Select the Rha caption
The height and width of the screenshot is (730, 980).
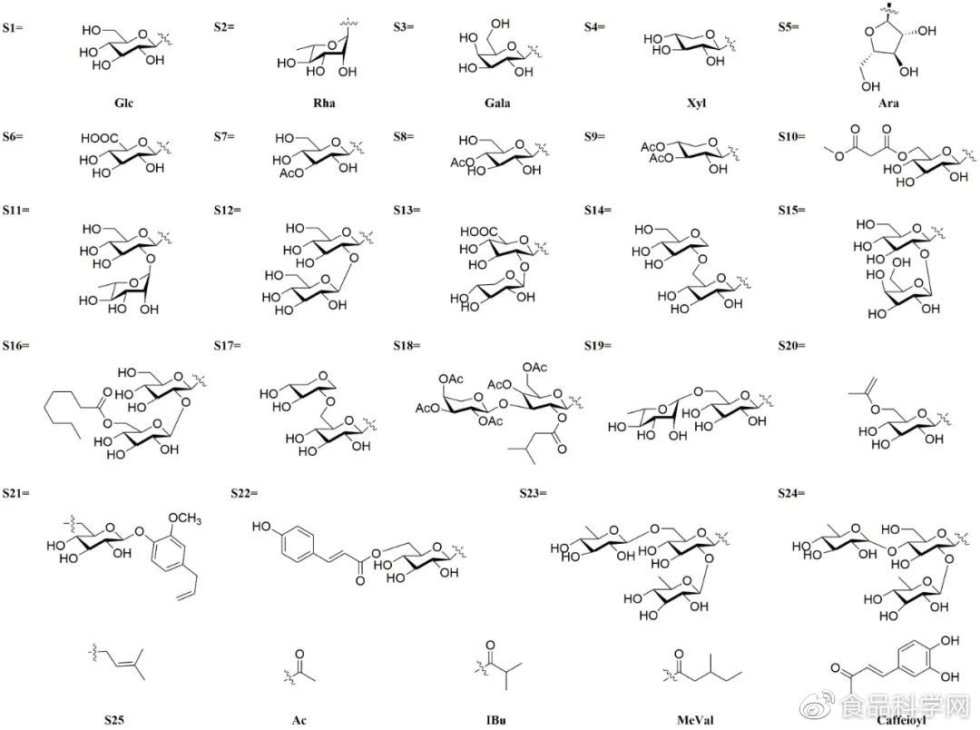(x=324, y=103)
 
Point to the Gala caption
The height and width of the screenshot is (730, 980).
(x=497, y=103)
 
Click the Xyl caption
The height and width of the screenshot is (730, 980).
(x=697, y=103)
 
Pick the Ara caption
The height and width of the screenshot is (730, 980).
(x=888, y=103)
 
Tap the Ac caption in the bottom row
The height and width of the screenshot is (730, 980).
(x=299, y=721)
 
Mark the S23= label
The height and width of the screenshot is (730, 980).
(x=533, y=493)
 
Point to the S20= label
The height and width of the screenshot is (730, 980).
(x=796, y=346)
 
